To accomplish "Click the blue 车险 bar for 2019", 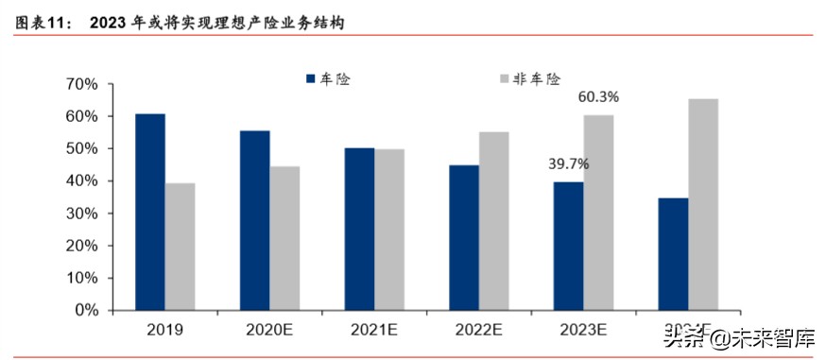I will tap(150, 212).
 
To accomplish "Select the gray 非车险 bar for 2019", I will tap(180, 247).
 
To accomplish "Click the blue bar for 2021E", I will tap(359, 229).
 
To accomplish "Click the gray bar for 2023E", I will tap(598, 213).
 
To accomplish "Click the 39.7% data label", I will tap(569, 164).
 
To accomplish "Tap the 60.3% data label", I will tap(599, 96).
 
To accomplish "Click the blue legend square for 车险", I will tap(309, 79).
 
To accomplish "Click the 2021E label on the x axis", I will tap(374, 330).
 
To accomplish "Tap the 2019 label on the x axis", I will tap(164, 330).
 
